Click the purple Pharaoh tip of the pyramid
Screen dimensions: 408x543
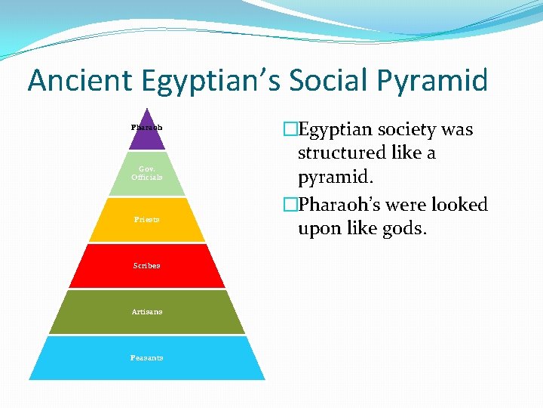147,133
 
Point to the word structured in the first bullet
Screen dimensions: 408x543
340,153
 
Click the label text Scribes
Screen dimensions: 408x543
146,266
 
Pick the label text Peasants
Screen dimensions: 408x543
146,357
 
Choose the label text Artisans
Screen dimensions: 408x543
146,311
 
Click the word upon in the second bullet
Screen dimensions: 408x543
320,228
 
